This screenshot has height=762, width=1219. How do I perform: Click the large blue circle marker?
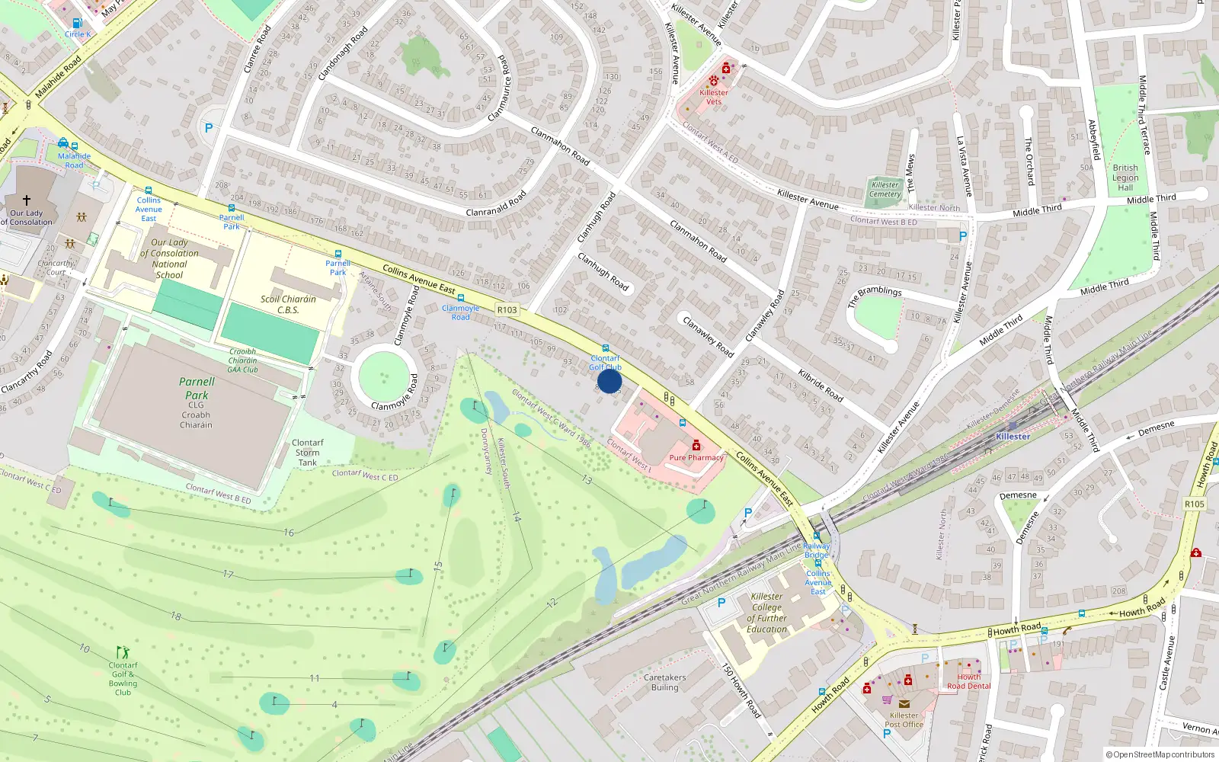[x=609, y=381]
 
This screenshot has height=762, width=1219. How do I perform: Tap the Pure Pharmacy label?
[x=696, y=457]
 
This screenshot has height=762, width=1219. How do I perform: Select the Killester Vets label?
[x=714, y=97]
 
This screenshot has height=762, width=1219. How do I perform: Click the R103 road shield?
[x=507, y=309]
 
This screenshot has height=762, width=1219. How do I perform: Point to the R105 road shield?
[x=1194, y=504]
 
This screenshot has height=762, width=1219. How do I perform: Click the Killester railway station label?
[x=1013, y=436]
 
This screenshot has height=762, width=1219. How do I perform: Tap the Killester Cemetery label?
[x=885, y=189]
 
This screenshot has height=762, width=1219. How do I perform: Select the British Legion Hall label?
[x=1125, y=178]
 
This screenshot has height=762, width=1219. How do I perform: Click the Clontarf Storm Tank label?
[x=308, y=452]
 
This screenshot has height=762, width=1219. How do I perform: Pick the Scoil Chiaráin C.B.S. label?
[x=288, y=304]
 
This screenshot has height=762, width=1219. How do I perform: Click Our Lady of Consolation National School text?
[x=169, y=258]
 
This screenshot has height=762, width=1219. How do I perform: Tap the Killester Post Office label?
[x=904, y=719]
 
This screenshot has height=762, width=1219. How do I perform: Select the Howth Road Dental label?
[x=968, y=681]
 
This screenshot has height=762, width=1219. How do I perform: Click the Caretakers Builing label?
[x=664, y=682]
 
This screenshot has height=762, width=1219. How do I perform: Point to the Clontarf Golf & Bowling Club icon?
[x=123, y=652]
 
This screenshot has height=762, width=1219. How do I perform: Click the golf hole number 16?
[x=289, y=533]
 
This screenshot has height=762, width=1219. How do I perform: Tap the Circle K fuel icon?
[x=77, y=24]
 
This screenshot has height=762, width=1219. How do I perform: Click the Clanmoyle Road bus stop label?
[x=460, y=312]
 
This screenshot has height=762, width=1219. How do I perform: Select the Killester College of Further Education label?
[x=766, y=613]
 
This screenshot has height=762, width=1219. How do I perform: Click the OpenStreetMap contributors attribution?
[x=1160, y=754]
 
